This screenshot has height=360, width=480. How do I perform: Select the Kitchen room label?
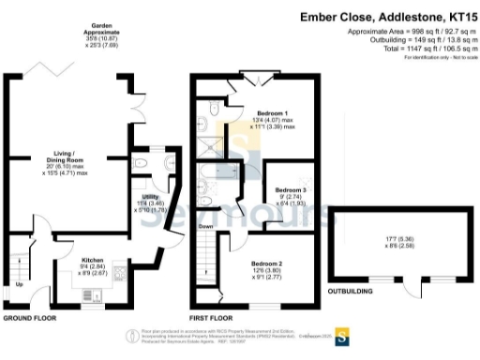93,258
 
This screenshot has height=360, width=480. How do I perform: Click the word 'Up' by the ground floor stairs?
20,284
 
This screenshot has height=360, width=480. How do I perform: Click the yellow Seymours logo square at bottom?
341,335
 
